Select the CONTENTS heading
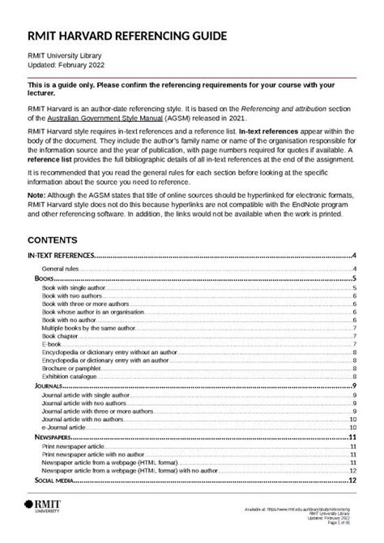pyautogui.click(x=53, y=240)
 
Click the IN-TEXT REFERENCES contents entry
pyautogui.click(x=62, y=256)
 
